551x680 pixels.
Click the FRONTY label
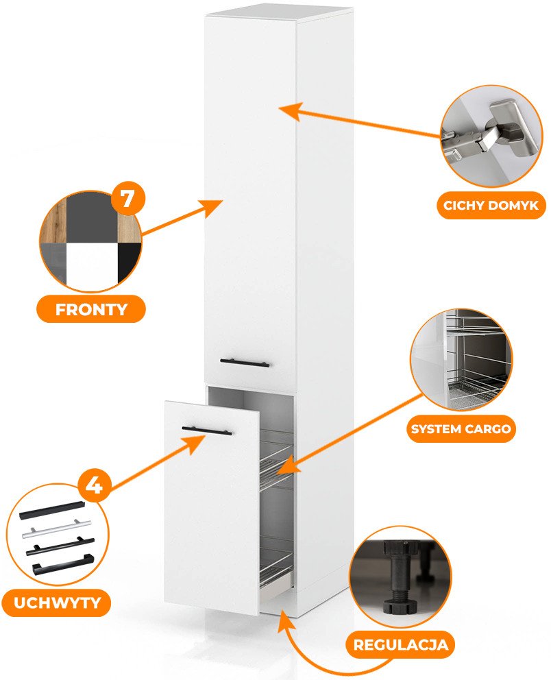[x=90, y=308]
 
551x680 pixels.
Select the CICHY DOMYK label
[x=491, y=205]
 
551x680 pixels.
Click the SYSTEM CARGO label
[x=460, y=429]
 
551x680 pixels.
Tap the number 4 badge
[x=95, y=485]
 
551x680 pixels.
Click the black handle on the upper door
[x=245, y=363]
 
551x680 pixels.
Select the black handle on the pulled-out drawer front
[x=206, y=430]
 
